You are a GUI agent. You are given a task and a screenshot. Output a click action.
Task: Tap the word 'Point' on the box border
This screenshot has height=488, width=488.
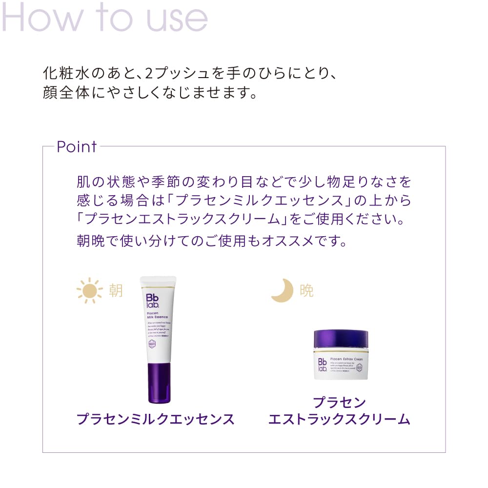pos(77,146)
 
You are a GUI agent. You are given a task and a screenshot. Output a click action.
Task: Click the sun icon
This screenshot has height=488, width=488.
pos(90,291)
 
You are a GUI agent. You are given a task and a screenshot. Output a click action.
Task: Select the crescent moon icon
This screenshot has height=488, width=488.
pos(283,291)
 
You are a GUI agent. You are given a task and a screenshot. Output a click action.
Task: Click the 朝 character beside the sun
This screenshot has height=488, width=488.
pos(116,291)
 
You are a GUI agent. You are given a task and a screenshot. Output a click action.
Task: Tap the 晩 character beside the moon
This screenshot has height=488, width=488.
pos(306,291)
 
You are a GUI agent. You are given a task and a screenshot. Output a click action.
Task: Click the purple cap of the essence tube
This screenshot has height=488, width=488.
pos(157,383)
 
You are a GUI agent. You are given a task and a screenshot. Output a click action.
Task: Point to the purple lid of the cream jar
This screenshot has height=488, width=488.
pos(341,338)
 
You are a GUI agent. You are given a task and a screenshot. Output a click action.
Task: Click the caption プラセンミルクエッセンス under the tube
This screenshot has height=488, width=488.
pos(156,419)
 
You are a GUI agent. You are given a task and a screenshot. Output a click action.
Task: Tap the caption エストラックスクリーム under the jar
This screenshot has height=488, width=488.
pos(339,419)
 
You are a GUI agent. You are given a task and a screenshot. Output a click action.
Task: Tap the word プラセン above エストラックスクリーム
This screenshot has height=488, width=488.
pos(339,402)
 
